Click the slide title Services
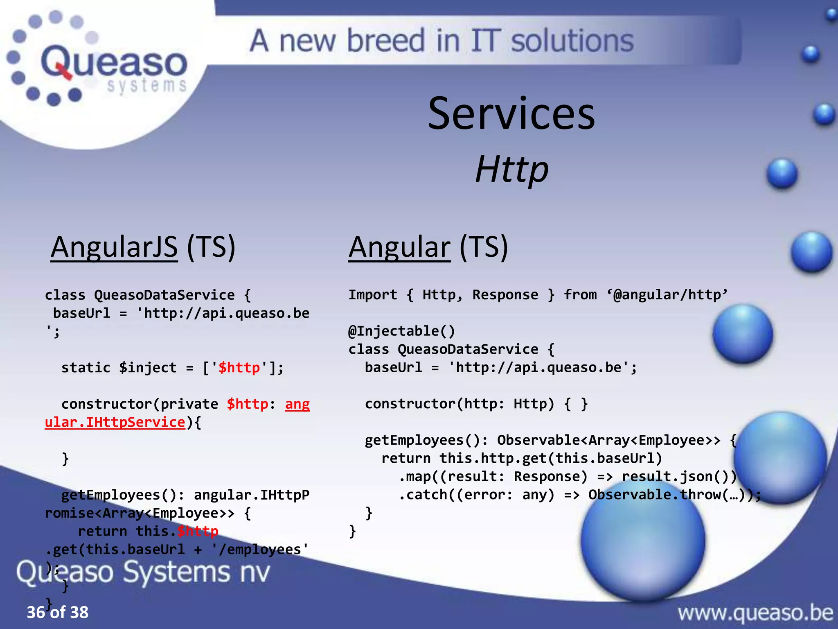[511, 114]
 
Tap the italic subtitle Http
[511, 169]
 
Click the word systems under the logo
[146, 85]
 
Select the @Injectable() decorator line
[401, 331]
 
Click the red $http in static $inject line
[239, 367]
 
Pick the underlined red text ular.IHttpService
[115, 422]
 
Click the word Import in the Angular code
[372, 294]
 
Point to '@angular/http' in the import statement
[667, 294]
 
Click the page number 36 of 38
[57, 612]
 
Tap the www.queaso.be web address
[755, 613]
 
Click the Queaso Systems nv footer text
[143, 572]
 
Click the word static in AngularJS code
[86, 367]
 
